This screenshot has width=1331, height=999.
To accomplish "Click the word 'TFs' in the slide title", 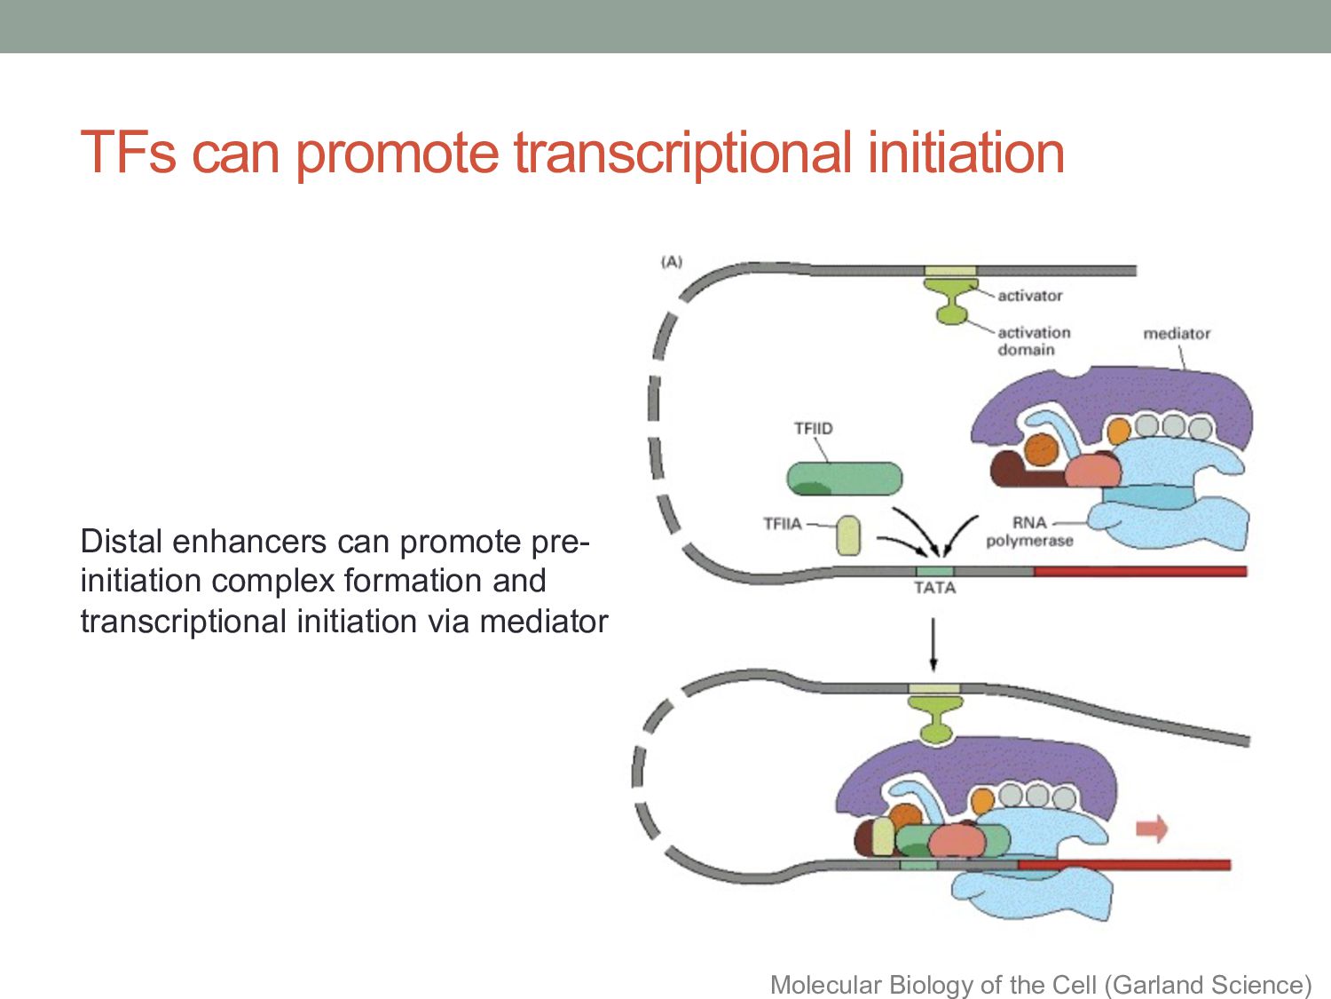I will coord(128,153).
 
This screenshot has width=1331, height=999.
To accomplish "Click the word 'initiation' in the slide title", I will coord(966,153).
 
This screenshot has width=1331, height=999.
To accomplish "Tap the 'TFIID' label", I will coord(813,429).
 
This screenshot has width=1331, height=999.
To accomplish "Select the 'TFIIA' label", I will coord(782,524).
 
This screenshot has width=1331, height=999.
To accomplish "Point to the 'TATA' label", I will coord(934,588).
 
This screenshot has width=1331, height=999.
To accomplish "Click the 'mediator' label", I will coord(1177,334).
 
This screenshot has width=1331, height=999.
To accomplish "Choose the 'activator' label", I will coord(1029,296).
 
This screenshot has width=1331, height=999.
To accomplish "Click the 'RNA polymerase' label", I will coord(1029,532).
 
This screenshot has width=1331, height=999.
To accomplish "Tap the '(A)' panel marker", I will coord(672,262).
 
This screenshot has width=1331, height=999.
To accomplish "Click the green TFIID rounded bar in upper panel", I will coord(844,479).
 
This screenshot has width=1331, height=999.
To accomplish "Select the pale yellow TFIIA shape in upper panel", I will coord(848,535).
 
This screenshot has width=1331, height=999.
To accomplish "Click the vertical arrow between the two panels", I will coord(933,645).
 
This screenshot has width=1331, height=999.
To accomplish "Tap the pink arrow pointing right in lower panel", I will coord(1152,829).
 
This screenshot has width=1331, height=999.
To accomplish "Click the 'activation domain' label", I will coord(1034,341).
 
